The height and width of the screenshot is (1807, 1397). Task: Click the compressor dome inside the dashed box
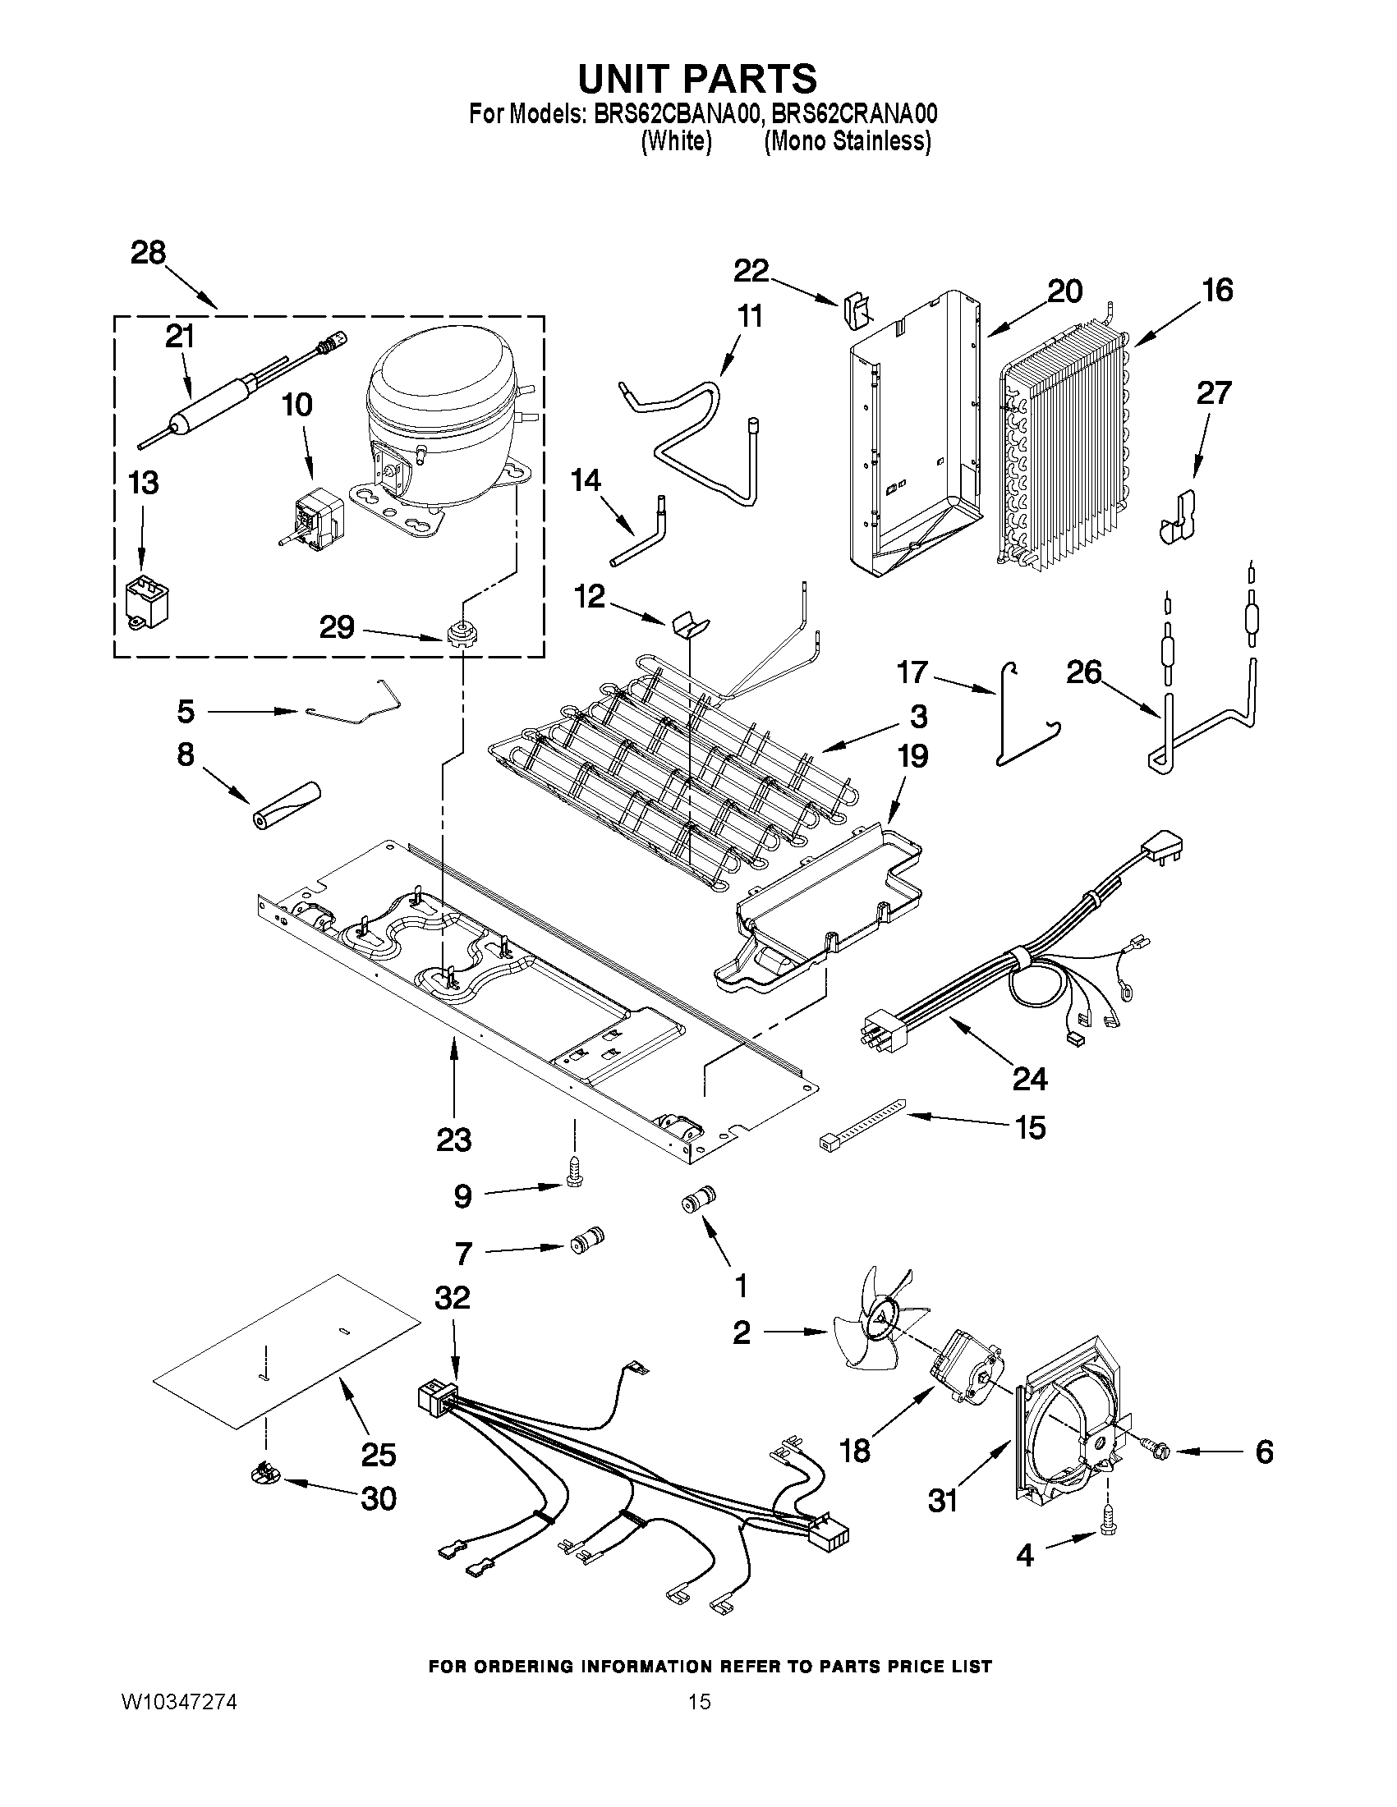click(439, 397)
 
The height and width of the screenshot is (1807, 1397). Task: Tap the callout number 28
click(148, 252)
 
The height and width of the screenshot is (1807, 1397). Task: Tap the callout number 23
click(453, 1140)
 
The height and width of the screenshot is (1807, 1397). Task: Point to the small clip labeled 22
click(854, 310)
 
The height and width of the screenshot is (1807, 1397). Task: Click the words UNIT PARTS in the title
click(696, 79)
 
